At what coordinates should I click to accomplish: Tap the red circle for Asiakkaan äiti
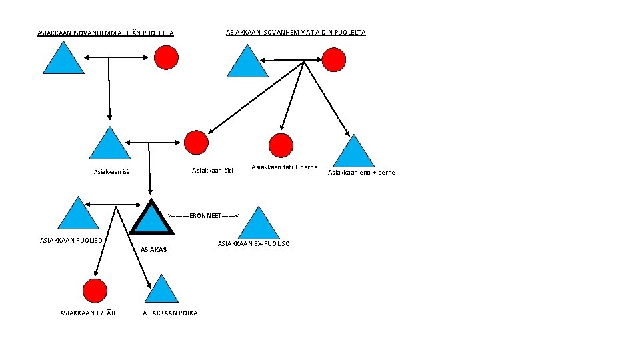point(196,142)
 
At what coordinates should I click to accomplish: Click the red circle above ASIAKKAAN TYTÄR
point(95,291)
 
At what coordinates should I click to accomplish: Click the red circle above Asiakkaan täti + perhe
point(281,145)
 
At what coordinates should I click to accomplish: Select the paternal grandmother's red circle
point(166,58)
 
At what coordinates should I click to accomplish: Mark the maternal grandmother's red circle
point(334,59)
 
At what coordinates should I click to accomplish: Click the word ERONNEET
point(203,216)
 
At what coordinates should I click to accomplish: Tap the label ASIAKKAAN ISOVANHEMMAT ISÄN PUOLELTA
point(105,33)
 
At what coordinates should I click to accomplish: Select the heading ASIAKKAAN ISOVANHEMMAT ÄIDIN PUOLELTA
point(295,32)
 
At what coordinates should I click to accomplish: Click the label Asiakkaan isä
point(112,172)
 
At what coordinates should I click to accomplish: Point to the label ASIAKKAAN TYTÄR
point(87,313)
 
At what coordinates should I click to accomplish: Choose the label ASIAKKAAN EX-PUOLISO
point(254,244)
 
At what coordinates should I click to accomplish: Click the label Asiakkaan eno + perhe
point(361,173)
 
